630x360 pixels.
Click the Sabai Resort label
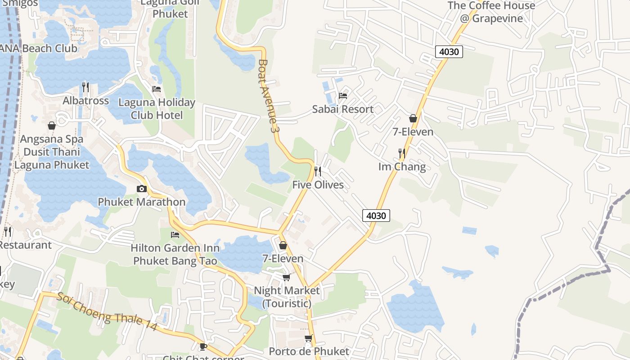343,109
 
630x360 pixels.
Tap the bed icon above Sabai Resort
343,95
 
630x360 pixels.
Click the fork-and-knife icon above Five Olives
318,171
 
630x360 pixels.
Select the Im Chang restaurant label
402,166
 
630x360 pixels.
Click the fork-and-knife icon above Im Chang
402,153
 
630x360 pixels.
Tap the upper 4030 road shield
449,52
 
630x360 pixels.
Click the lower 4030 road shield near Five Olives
376,216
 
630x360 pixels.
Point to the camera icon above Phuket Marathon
142,189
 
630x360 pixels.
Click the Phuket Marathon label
142,202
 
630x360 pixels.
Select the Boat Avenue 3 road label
269,96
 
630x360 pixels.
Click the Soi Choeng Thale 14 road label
107,311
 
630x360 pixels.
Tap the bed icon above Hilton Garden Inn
175,234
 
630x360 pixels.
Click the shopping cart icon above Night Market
287,277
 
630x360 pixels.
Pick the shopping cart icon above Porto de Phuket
308,338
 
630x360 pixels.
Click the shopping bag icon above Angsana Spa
52,126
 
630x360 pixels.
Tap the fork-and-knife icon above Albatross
85,87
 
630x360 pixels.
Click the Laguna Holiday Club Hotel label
157,109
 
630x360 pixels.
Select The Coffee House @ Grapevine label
491,12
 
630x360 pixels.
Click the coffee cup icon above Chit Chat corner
203,346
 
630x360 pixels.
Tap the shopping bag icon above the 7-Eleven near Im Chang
413,118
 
